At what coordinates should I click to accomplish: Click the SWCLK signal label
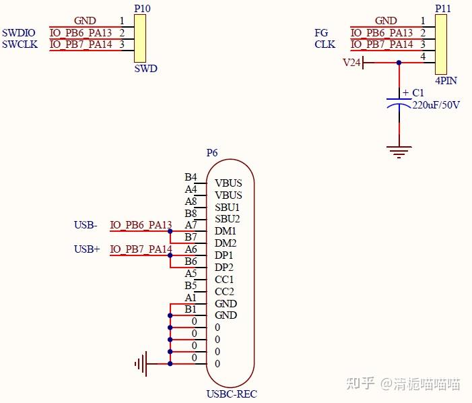coord(20,44)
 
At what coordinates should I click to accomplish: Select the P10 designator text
coord(142,8)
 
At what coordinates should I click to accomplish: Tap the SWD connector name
coord(145,69)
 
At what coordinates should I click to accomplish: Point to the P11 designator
coord(443,8)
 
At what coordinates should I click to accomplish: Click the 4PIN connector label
coord(446,80)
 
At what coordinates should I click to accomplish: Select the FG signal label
coord(321,32)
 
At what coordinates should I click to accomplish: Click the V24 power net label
coord(352,63)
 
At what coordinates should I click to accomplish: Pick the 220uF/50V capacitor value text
coord(436,105)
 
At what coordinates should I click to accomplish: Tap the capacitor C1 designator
coord(418,93)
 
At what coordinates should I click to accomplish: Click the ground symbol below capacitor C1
coord(399,152)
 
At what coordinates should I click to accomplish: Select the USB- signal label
coord(86,225)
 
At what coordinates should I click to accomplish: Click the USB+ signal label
coord(87,249)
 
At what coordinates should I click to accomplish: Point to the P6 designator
coord(211,153)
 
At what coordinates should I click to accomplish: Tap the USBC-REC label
coord(231,394)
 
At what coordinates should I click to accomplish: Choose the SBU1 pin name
coord(227,207)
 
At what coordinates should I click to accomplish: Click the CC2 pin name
coord(224,292)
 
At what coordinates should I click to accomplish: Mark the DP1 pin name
coord(224,255)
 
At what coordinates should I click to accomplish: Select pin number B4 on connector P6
coord(191,177)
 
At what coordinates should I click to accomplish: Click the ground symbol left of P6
coord(141,364)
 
